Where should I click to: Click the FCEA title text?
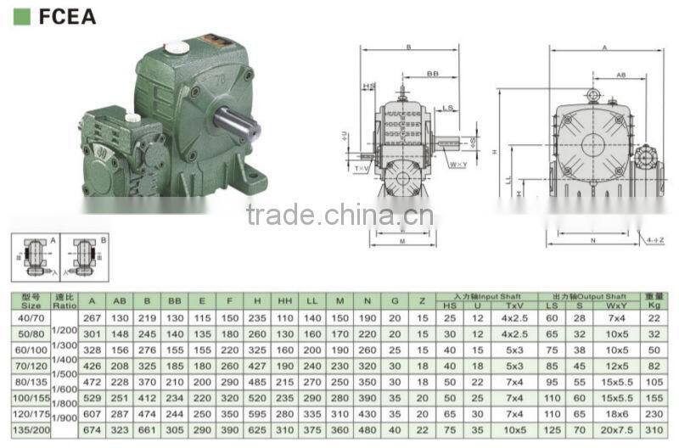tap(67, 16)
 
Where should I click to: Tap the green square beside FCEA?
tap(23, 16)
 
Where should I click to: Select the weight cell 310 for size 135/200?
tap(653, 429)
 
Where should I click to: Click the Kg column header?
tap(653, 305)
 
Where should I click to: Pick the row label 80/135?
tap(31, 382)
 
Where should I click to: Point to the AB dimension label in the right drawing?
tap(620, 76)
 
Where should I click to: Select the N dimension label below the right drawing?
tap(592, 241)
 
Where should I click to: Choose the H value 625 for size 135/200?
tap(256, 429)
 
